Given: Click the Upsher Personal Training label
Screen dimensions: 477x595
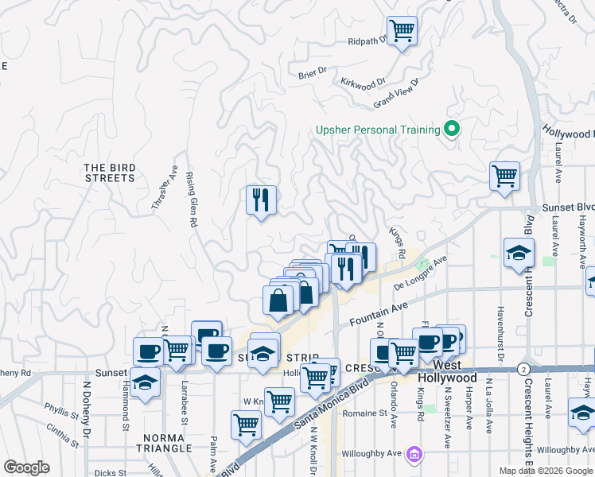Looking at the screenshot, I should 378,130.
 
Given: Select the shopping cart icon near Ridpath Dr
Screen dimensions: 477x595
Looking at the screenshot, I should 402,32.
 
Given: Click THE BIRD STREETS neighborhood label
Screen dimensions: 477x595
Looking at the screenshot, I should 110,173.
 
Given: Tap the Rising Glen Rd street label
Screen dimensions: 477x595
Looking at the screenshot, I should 192,200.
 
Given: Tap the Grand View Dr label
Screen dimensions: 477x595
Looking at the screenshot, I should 396,94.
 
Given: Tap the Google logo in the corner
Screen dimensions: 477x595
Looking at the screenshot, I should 26,467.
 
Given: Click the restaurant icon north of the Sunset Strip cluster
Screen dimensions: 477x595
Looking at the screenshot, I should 261,200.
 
